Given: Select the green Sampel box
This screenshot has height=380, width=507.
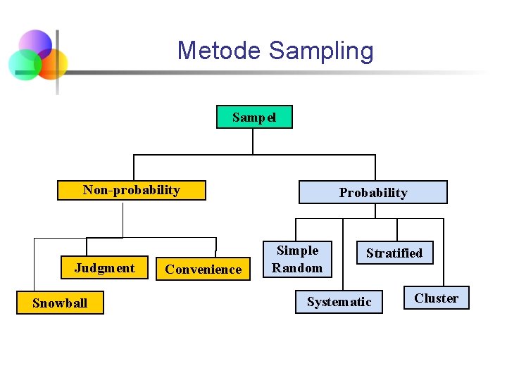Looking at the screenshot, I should (254, 117).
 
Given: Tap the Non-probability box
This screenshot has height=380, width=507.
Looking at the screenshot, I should (132, 190).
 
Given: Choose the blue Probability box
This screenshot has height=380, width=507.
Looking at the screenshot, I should (373, 192).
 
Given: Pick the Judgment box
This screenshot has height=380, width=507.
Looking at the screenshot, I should (104, 268).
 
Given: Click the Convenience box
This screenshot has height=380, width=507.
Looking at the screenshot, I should (203, 269).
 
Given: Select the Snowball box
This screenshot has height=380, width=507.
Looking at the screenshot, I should (60, 303).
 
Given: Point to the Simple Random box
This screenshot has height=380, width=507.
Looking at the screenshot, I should (297, 259).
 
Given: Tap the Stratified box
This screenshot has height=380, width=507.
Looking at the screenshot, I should (394, 253).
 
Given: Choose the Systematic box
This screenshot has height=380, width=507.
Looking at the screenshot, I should (339, 302).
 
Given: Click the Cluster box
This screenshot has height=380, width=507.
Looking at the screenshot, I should (436, 298).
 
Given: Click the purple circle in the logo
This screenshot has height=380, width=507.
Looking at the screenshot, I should (35, 44).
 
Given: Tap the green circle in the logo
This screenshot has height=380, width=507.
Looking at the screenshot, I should (24, 65).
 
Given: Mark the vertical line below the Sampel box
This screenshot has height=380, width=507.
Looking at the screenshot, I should (253, 141).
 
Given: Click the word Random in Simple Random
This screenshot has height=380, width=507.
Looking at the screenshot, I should (297, 267).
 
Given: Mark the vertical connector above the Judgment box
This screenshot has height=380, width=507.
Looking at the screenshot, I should (87, 246).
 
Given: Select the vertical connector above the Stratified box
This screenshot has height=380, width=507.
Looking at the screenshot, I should (397, 230).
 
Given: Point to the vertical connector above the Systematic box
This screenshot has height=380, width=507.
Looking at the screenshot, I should (343, 253).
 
